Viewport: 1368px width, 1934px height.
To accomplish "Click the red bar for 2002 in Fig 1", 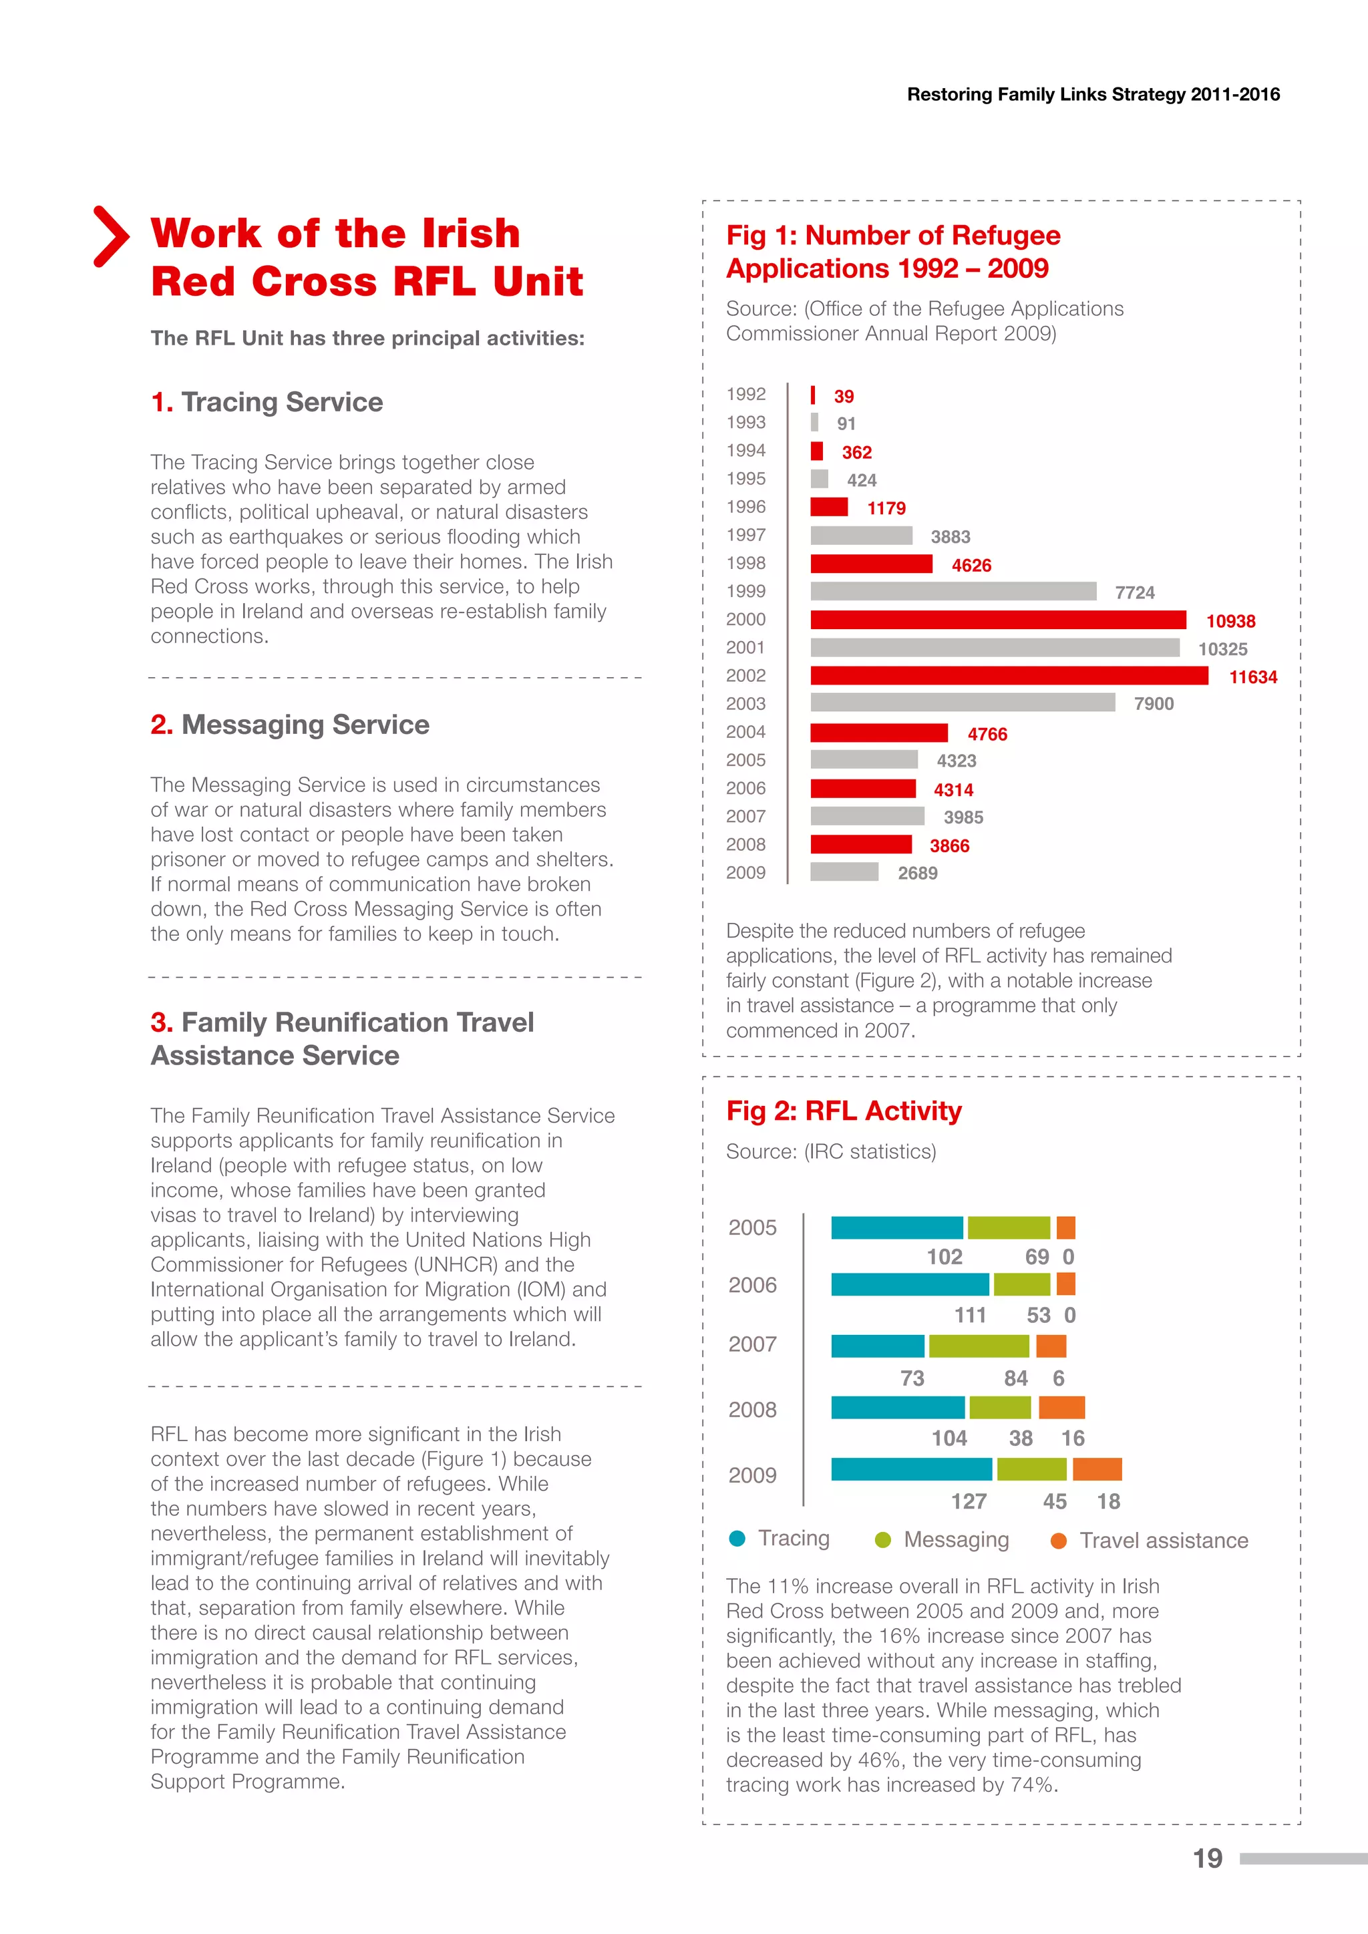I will click(1009, 676).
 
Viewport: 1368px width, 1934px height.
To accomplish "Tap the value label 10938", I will click(1230, 622).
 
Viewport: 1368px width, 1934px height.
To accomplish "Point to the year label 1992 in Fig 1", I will click(745, 394).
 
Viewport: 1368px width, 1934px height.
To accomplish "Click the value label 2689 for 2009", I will click(917, 874).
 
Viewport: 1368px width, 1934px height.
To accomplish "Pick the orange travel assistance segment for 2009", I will click(1097, 1470).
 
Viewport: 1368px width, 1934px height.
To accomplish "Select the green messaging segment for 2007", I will click(978, 1346).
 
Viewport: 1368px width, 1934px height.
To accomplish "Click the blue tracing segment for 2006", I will click(909, 1285).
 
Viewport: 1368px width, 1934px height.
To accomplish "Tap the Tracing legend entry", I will click(780, 1539).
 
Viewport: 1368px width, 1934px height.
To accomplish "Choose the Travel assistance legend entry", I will click(1150, 1541).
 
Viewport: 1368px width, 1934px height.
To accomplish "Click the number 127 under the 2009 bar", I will click(969, 1501).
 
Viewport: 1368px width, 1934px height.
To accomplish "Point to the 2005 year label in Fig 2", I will click(752, 1227).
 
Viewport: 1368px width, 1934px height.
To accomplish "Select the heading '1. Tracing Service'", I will click(267, 402).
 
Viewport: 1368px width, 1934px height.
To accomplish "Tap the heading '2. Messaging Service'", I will click(290, 725).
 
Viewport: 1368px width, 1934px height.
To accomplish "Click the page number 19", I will click(1207, 1858).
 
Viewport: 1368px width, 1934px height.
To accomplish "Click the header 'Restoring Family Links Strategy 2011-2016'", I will click(1093, 94).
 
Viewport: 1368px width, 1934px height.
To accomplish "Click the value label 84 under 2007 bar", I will click(1015, 1378).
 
